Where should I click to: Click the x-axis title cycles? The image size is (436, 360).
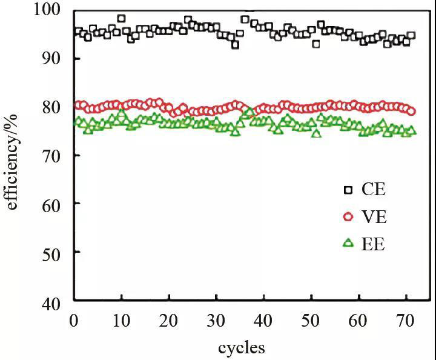tap(241, 347)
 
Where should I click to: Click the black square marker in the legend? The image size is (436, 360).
tap(348, 190)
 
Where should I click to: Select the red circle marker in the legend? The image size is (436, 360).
tap(348, 217)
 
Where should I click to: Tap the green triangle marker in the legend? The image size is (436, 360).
tap(348, 243)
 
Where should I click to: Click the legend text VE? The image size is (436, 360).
tap(374, 217)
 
